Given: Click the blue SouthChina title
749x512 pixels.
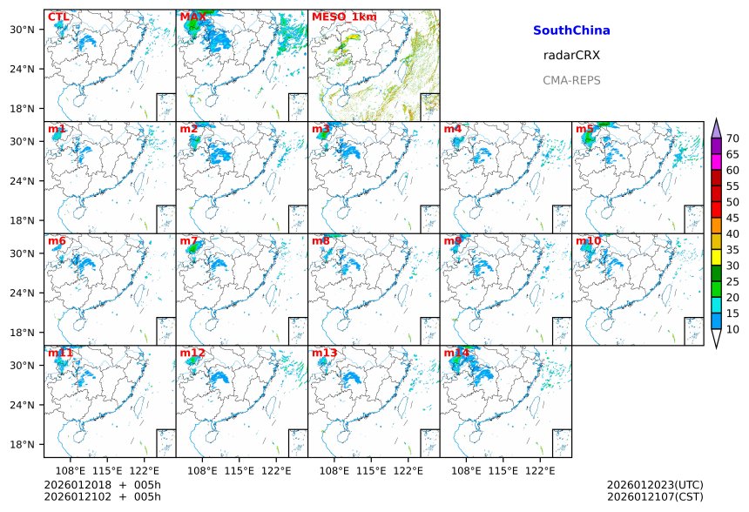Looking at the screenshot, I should tap(571, 30).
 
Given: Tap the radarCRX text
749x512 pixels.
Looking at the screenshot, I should tap(571, 55).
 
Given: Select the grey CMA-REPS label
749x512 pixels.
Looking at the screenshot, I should tap(571, 80).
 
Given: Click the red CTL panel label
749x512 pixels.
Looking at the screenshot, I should tap(57, 17).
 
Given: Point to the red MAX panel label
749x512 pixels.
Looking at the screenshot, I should tap(192, 17).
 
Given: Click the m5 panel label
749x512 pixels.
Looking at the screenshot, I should tap(584, 129).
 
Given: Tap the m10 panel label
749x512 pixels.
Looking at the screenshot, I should tap(588, 240).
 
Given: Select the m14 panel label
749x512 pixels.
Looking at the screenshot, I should tap(456, 353).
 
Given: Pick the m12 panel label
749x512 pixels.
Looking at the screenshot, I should tap(192, 353).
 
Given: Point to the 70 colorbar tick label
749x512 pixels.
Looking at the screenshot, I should tap(732, 138).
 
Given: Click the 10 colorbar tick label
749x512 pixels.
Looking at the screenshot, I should tap(732, 329).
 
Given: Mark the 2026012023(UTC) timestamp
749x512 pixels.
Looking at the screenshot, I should tap(655, 485).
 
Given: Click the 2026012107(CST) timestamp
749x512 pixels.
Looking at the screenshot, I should tap(655, 496).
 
